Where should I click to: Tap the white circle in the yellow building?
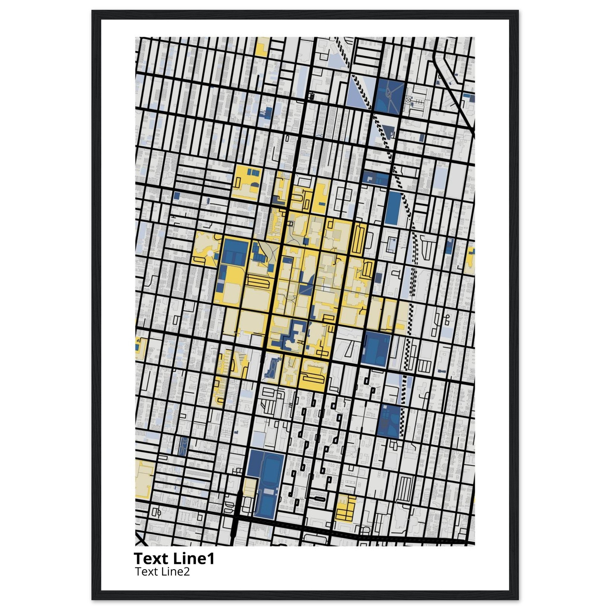click(209, 253)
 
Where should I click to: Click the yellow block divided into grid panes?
click(346, 512)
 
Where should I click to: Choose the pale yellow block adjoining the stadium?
click(249, 493)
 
